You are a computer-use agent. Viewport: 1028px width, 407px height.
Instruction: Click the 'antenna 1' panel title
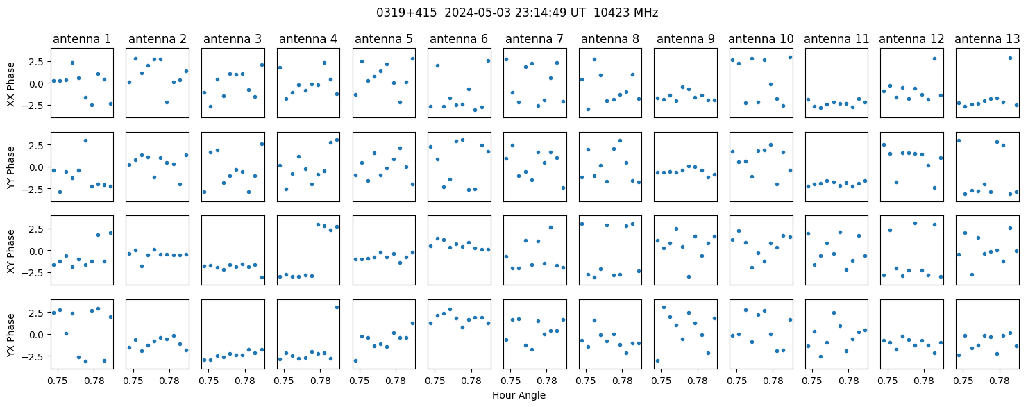point(82,39)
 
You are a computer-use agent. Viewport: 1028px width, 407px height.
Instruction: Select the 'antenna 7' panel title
point(534,39)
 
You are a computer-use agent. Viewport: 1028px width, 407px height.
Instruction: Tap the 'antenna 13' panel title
point(987,39)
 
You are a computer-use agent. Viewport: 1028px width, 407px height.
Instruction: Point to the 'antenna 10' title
point(761,39)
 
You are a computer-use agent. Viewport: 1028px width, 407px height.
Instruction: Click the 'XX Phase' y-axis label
point(11,83)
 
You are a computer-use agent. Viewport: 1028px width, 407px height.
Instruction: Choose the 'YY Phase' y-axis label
point(11,167)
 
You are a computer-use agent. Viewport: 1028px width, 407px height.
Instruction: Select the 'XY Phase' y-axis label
point(11,251)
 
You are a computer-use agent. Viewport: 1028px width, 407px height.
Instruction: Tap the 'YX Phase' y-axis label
point(11,334)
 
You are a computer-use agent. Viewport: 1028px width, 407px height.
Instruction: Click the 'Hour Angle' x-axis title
point(519,395)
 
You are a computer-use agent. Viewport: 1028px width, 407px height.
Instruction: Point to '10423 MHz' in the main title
point(626,13)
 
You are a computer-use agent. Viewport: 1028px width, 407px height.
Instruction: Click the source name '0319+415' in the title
point(407,13)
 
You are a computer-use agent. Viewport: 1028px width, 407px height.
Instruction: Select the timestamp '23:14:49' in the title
point(540,13)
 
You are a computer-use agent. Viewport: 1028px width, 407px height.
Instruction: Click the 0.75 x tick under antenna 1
point(58,381)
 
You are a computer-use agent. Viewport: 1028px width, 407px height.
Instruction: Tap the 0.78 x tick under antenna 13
point(1000,381)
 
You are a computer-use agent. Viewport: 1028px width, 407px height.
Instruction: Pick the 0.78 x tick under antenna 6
point(471,381)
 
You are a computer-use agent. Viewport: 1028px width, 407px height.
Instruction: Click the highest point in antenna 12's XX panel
point(934,59)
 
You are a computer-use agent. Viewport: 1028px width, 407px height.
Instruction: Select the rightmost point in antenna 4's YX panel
point(337,307)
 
